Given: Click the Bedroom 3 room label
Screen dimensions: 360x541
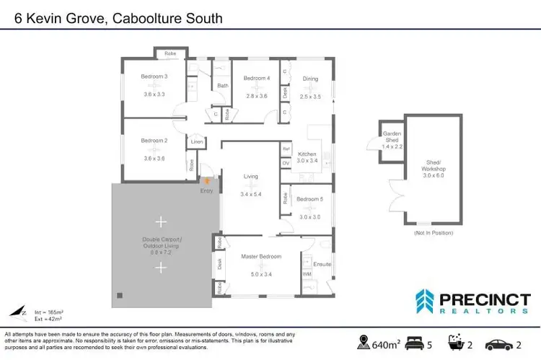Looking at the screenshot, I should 155,77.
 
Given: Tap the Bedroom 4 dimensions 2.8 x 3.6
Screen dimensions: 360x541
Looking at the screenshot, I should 257,95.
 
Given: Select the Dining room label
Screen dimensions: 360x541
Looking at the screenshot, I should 310,79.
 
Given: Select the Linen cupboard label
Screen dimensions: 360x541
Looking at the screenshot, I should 195,142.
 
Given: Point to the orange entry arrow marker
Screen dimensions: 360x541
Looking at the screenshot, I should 209,180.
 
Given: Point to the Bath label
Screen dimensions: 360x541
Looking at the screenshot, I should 222,86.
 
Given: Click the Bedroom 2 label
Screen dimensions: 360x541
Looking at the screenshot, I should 154,140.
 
